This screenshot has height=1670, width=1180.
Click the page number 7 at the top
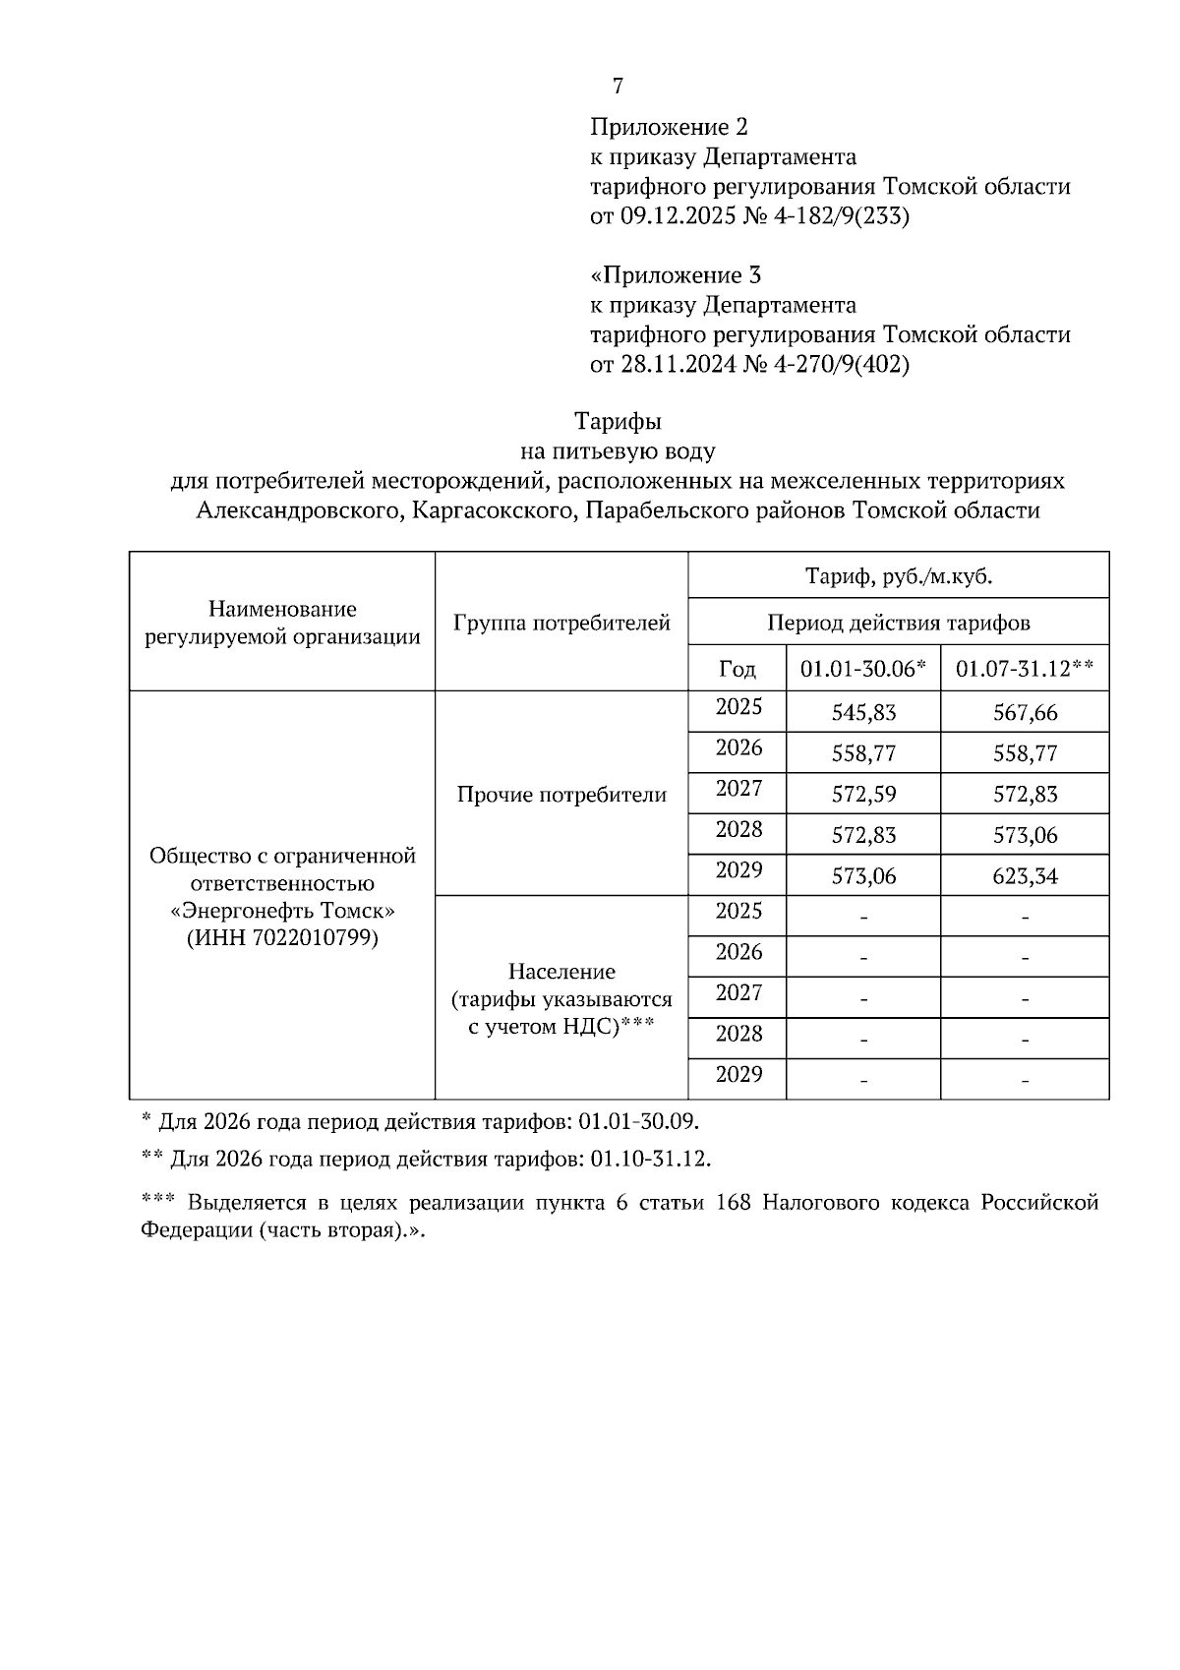(x=618, y=87)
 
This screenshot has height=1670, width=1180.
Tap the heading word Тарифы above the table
(x=618, y=422)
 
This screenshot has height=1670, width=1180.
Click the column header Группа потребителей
(x=561, y=623)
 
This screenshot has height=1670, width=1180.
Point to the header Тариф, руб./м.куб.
(x=898, y=576)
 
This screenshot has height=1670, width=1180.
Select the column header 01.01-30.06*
(x=862, y=669)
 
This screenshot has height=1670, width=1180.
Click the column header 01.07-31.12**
(x=1025, y=669)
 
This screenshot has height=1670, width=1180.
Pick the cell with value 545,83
(x=863, y=713)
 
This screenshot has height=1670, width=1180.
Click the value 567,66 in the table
(x=1025, y=713)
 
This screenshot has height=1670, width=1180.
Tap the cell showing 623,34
(x=1025, y=876)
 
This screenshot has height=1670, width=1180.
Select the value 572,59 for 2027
(x=863, y=795)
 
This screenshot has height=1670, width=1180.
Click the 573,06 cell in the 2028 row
(x=1025, y=836)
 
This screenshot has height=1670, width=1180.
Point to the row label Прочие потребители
(x=561, y=795)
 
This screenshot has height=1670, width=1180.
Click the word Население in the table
(x=561, y=972)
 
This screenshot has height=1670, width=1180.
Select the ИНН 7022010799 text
(x=282, y=937)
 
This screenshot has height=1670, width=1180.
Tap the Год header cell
(x=737, y=669)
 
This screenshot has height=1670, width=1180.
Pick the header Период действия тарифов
(x=898, y=623)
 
